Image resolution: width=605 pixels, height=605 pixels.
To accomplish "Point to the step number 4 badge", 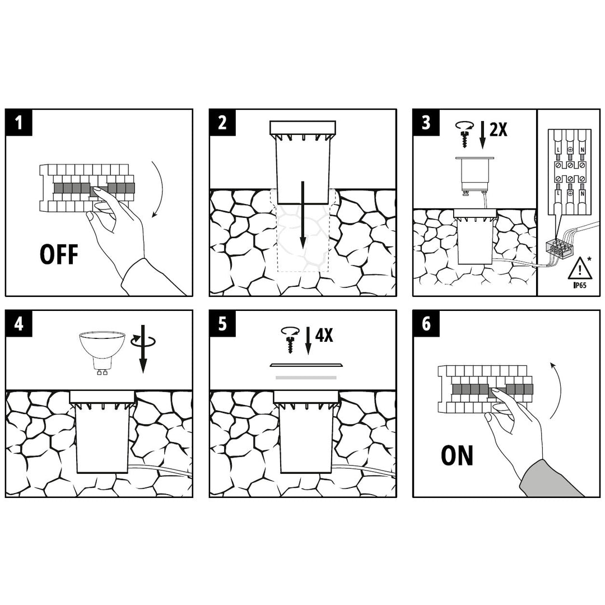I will (19, 324).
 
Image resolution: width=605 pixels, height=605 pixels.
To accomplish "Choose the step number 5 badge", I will (222, 324).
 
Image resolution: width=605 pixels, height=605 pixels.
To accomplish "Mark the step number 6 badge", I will (426, 324).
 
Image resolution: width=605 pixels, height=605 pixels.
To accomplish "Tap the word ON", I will (457, 455).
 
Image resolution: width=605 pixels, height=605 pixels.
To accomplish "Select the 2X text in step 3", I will (497, 130).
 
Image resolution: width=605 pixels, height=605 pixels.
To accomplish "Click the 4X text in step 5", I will (324, 336).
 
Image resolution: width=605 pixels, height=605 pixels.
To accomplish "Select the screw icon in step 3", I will (464, 134).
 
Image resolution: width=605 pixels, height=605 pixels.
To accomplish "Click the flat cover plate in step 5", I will (306, 365).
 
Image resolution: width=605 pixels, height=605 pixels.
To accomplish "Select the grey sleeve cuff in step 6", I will (549, 480).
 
